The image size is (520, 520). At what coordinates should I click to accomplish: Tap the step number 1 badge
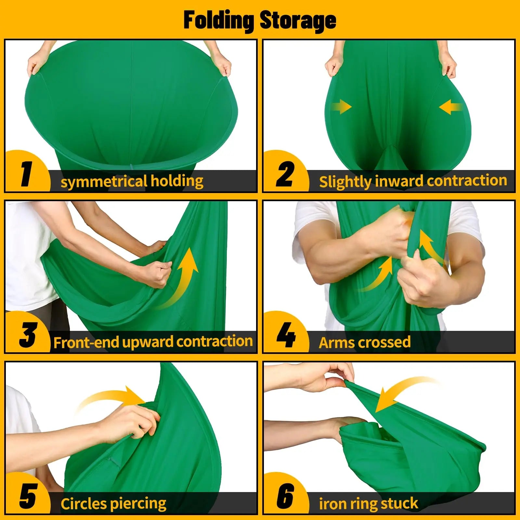click(27, 174)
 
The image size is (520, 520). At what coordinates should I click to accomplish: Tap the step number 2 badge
click(285, 174)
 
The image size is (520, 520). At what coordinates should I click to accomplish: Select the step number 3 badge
click(28, 335)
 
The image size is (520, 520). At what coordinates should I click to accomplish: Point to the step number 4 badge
click(286, 335)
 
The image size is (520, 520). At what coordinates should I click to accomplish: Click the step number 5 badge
click(28, 496)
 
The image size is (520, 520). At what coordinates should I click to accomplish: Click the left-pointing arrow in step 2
click(450, 107)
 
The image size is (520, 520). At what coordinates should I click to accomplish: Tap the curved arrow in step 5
click(110, 398)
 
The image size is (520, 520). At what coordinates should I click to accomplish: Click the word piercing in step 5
click(138, 503)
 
